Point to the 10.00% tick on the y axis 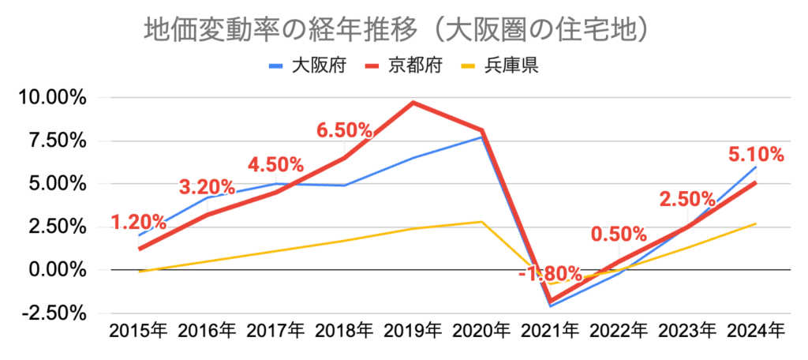coord(47,99)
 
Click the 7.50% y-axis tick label coord(52,141)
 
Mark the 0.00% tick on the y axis coord(52,270)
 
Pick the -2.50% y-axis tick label coord(49,313)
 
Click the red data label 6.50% coord(344,130)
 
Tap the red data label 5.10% coord(756,154)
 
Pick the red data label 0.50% coord(619,234)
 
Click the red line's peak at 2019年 coord(413,103)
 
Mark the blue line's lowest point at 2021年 coord(551,306)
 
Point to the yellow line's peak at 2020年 coord(482,222)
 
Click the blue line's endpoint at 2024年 coord(757,167)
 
